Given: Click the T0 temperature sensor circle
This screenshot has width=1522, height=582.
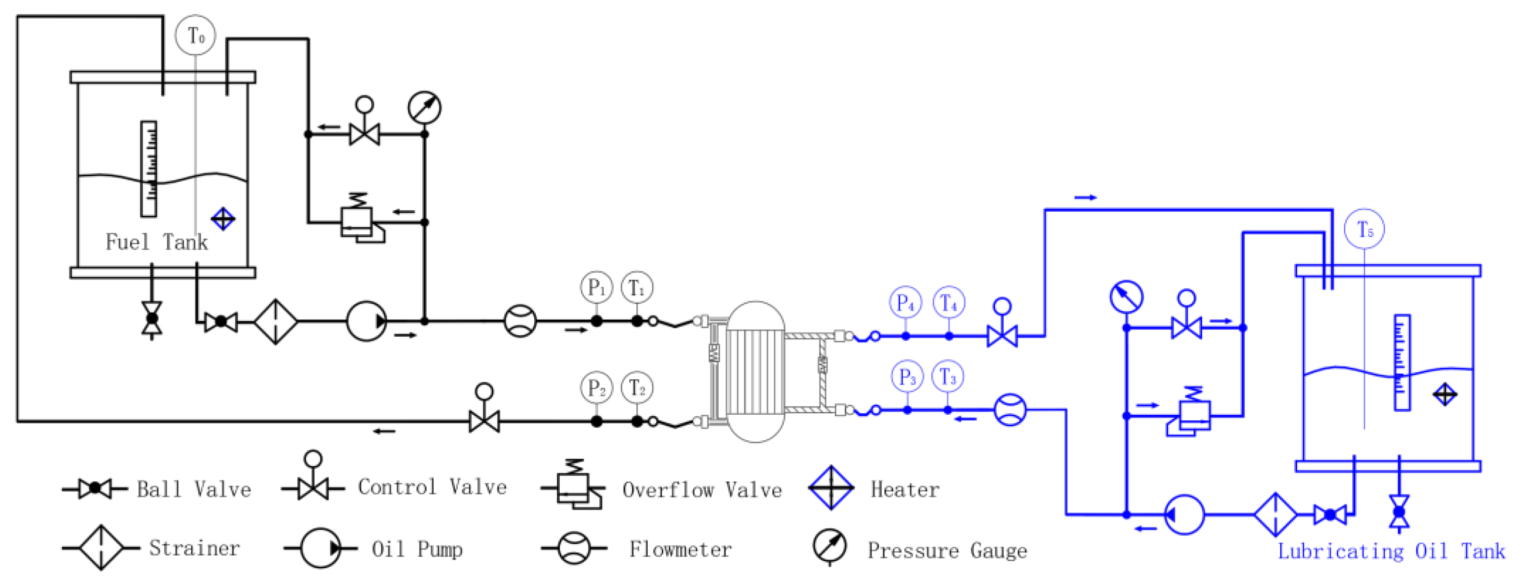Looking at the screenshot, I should pyautogui.click(x=196, y=35).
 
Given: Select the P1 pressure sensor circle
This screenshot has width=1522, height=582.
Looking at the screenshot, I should pyautogui.click(x=596, y=288).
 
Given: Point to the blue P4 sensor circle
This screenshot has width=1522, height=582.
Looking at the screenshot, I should pyautogui.click(x=905, y=303).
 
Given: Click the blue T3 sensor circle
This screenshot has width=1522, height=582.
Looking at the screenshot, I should pyautogui.click(x=948, y=377).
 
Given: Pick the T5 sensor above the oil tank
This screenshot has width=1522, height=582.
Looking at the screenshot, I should pyautogui.click(x=1364, y=229).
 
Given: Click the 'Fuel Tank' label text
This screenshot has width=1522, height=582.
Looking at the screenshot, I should pyautogui.click(x=156, y=242).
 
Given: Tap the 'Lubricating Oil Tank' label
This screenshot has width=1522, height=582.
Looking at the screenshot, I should pyautogui.click(x=1391, y=551).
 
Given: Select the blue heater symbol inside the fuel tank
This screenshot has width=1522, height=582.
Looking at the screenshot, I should pyautogui.click(x=223, y=219).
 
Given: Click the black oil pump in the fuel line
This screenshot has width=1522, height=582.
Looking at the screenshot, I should pyautogui.click(x=366, y=321).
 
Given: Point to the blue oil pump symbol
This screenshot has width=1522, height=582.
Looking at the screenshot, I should pyautogui.click(x=1184, y=514).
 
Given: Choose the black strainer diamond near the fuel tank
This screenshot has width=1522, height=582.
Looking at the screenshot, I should pyautogui.click(x=275, y=321).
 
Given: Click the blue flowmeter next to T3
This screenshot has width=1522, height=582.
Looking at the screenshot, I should pyautogui.click(x=1010, y=410).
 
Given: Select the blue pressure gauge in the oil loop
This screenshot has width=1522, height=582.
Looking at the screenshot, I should pyautogui.click(x=1126, y=297).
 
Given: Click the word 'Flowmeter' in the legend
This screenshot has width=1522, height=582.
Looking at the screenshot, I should pyautogui.click(x=680, y=549).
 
